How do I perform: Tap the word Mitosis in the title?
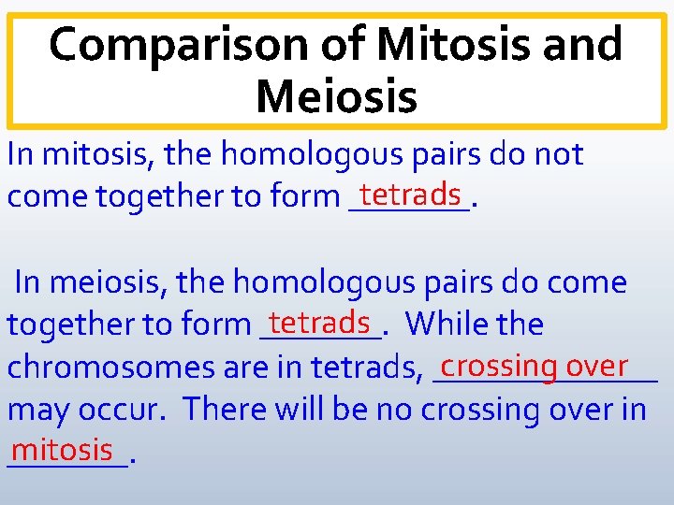441,45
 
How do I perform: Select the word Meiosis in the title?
336,96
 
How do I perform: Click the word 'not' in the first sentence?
558,154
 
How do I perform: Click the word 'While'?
446,325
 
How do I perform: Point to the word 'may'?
37,410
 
